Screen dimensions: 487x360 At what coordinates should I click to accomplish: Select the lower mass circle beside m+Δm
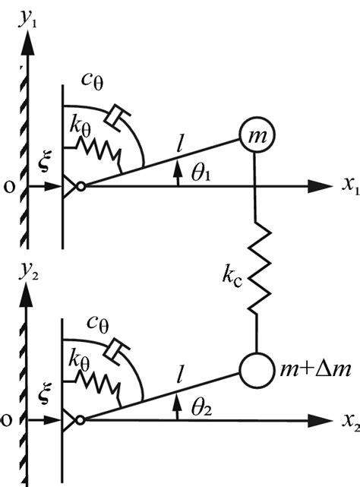[x=255, y=370]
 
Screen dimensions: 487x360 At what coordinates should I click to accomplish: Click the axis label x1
[x=346, y=186]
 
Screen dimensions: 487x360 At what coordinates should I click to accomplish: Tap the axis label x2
[x=346, y=420]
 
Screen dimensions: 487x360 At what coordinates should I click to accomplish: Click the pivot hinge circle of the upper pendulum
[x=81, y=185]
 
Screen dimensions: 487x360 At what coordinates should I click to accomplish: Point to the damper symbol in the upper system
[x=118, y=115]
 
